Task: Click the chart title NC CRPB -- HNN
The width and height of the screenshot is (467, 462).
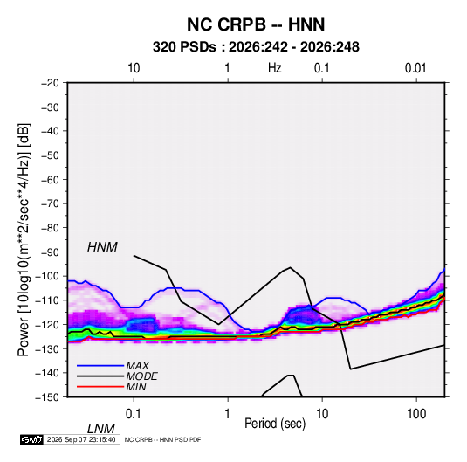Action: coord(256,24)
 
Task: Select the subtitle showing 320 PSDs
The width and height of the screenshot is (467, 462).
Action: coord(256,47)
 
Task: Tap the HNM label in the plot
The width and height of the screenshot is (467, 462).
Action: coord(102,247)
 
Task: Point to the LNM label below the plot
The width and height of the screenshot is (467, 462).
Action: coord(100,429)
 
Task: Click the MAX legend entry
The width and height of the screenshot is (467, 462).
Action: coord(137,365)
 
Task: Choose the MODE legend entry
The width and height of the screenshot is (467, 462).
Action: coord(141,376)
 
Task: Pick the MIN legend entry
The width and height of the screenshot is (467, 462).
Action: coord(136,387)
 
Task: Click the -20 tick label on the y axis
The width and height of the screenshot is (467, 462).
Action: coord(50,83)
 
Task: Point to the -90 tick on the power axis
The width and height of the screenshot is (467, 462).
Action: coord(50,252)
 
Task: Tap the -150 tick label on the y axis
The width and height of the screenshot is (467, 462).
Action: coord(47,397)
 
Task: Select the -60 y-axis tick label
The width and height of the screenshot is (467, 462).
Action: coord(50,179)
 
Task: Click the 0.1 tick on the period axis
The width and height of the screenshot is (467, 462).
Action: coord(134,413)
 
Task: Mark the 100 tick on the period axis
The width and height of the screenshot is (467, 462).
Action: coord(416,413)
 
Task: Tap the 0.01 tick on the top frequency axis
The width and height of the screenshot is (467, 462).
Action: coord(415,68)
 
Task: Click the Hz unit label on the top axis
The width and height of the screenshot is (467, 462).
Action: coord(275,68)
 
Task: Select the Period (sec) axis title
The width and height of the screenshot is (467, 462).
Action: coord(275,424)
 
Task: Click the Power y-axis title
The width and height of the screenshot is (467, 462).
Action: coord(24,239)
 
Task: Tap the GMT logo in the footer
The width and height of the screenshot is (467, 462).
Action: coord(32,439)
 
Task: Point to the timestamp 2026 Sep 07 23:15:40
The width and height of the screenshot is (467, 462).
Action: coord(81,439)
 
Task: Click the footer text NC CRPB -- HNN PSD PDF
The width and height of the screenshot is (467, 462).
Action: coord(162,439)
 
